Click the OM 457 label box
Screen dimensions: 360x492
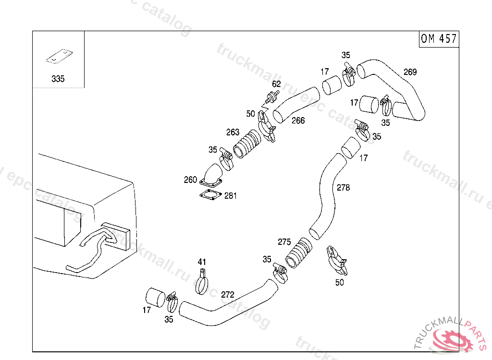coord(439,39)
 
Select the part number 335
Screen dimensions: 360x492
coord(58,79)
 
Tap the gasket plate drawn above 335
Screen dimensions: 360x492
coord(59,57)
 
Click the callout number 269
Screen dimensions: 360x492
coord(410,72)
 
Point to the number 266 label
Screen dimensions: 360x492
coord(298,120)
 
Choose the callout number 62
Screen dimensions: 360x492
coord(276,84)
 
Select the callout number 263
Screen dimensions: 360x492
coord(233,132)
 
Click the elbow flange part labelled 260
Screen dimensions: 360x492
coord(211,175)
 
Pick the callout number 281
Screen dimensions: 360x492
coord(230,196)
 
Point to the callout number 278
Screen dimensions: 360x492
coord(343,188)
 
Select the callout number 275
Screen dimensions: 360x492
coord(284,242)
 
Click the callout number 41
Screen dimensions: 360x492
coord(202,262)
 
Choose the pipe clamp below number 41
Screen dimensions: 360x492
coord(203,283)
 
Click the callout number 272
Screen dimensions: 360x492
coord(227,294)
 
